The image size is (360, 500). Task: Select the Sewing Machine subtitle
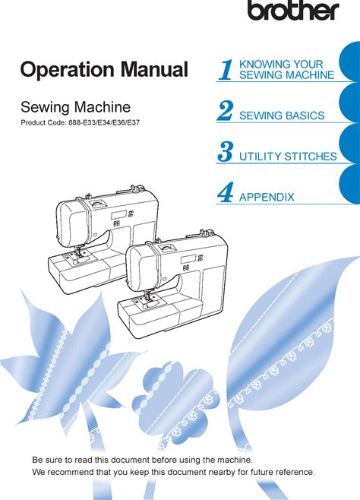coord(75,107)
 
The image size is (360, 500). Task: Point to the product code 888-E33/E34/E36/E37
coord(104,122)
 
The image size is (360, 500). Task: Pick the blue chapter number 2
coord(225,110)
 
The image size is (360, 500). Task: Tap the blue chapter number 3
coord(226,151)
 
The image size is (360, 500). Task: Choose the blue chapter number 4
coord(225,192)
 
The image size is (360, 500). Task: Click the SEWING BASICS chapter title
coord(282,115)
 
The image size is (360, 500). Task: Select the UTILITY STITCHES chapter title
coord(288,157)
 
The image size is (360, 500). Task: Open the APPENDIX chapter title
coord(267,197)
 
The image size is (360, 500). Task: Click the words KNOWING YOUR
coord(281,64)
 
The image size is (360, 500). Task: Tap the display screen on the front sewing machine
coord(188,260)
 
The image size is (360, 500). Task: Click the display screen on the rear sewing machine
coord(118,215)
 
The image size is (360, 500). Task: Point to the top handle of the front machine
coord(167,248)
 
